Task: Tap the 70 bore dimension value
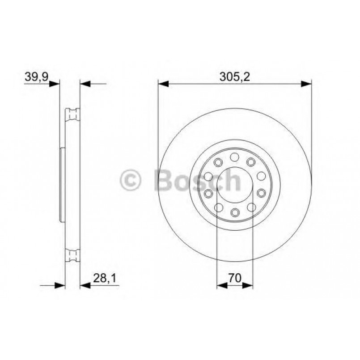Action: (234, 278)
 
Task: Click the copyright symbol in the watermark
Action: (131, 180)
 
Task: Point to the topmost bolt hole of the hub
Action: (234, 157)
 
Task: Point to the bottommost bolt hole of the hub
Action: (234, 212)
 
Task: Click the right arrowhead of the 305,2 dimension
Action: (306, 83)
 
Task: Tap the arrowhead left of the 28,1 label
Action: (85, 285)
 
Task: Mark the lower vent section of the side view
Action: (72, 255)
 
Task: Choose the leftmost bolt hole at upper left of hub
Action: (208, 176)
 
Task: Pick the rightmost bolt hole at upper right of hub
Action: (261, 176)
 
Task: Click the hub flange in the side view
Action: (63, 184)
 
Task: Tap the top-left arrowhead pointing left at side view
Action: (85, 83)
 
